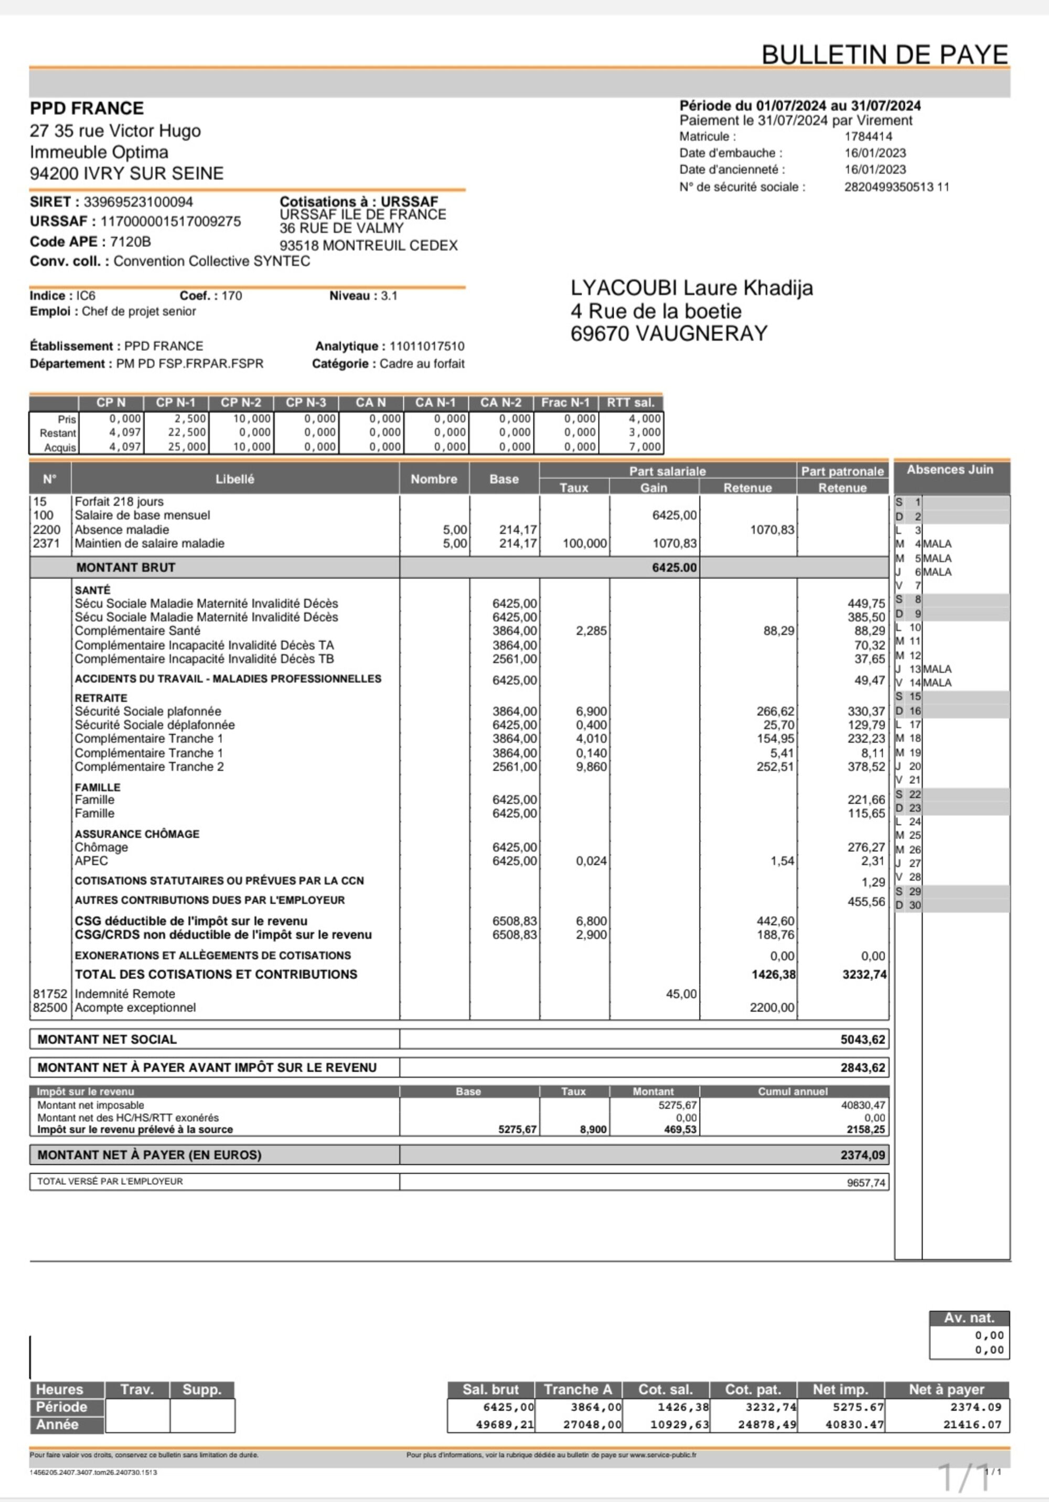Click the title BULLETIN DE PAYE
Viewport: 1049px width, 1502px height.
[x=885, y=55]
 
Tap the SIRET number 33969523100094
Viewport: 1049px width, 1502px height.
[x=138, y=202]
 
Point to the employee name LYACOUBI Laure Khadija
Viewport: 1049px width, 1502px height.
[x=692, y=288]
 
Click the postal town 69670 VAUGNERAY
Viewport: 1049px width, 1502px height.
[x=668, y=333]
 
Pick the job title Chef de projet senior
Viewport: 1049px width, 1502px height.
[x=139, y=311]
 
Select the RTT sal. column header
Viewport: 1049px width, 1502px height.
[x=630, y=402]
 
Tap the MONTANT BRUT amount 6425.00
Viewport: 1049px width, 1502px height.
[x=674, y=567]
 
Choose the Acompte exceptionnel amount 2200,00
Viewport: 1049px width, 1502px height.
[x=772, y=1008]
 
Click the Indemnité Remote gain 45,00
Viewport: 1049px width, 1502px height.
[x=681, y=993]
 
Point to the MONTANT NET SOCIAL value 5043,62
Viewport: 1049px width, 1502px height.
[x=862, y=1040]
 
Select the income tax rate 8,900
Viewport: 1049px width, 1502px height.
[x=593, y=1129]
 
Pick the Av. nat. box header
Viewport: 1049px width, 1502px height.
[x=969, y=1318]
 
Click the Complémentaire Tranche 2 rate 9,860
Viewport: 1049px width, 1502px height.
[x=591, y=766]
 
